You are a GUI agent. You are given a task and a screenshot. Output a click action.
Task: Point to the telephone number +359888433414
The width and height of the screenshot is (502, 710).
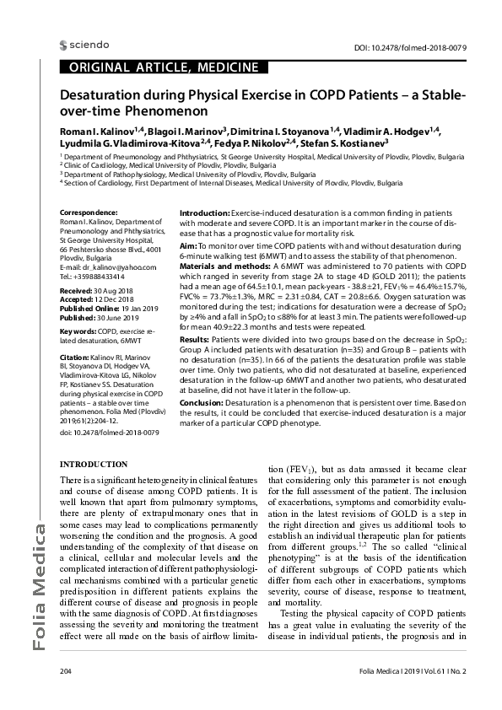[x=100, y=276]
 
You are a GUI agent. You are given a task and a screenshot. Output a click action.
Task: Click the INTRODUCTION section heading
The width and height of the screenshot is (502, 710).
[x=94, y=465]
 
